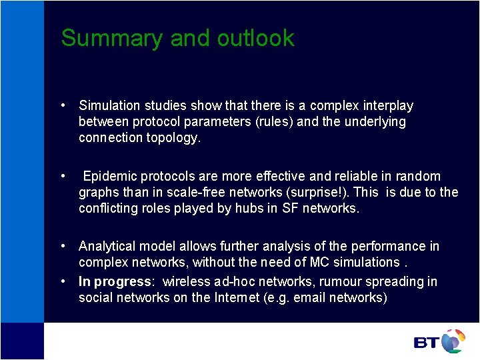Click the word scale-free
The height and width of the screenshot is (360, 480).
click(x=207, y=193)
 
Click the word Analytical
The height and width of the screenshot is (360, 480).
click(x=107, y=247)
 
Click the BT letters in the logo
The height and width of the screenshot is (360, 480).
click(x=427, y=343)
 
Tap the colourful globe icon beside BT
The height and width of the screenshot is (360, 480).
click(x=453, y=341)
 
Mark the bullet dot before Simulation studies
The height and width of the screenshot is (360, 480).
click(x=62, y=105)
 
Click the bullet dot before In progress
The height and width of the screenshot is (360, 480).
click(x=62, y=281)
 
